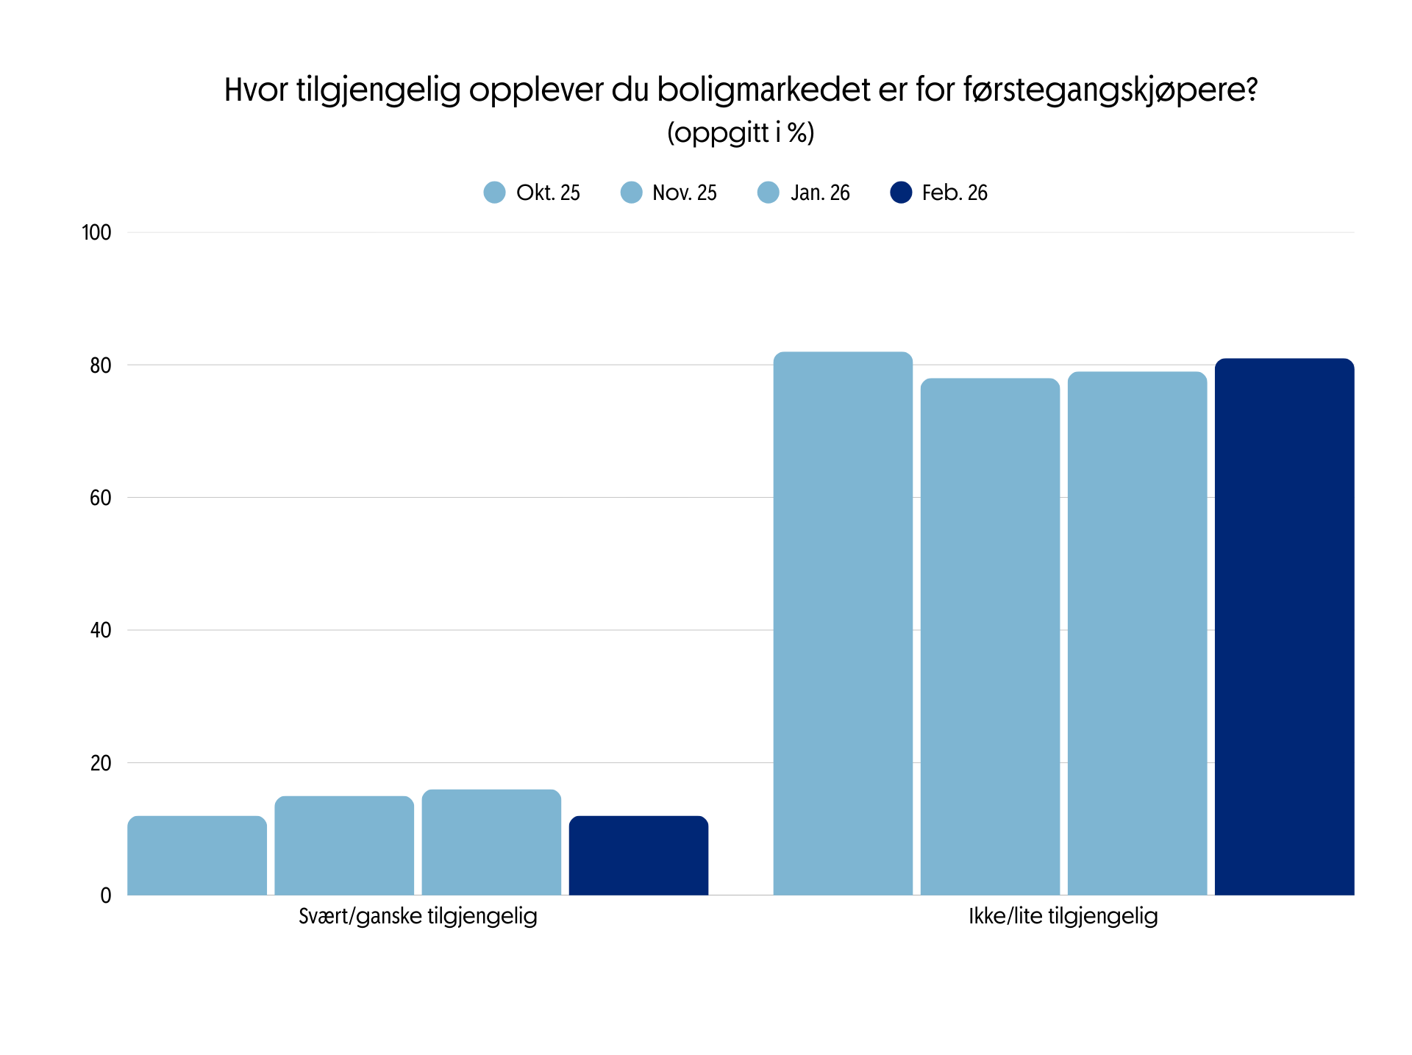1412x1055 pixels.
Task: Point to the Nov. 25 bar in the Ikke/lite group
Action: click(990, 637)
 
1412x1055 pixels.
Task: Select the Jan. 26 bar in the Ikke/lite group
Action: click(1137, 633)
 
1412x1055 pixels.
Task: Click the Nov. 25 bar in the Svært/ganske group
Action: click(344, 845)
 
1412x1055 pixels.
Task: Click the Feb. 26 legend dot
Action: click(901, 193)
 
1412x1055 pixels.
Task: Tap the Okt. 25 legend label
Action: click(548, 193)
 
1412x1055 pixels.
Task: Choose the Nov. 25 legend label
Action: click(684, 193)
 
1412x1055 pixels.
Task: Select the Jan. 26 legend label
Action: click(819, 193)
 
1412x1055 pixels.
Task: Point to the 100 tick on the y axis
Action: click(96, 233)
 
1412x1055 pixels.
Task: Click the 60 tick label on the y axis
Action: click(101, 498)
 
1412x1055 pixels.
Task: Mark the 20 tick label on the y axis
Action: click(101, 763)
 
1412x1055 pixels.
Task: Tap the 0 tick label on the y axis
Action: click(106, 895)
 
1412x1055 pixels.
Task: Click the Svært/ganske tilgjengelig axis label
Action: click(418, 916)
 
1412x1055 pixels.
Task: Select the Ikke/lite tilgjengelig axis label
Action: click(1063, 916)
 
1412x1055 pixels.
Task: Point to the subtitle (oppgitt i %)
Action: click(741, 133)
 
